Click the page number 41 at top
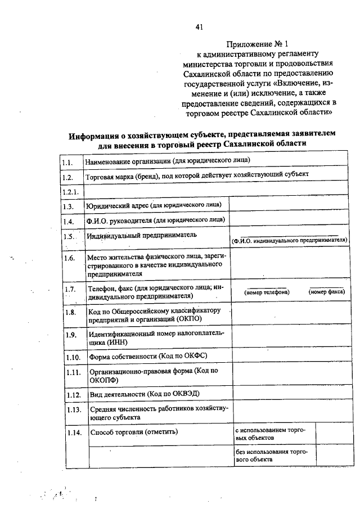tap(199, 26)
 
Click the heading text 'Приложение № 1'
tap(258, 44)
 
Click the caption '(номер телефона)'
tap(267, 292)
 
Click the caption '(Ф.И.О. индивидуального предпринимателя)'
tap(289, 240)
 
